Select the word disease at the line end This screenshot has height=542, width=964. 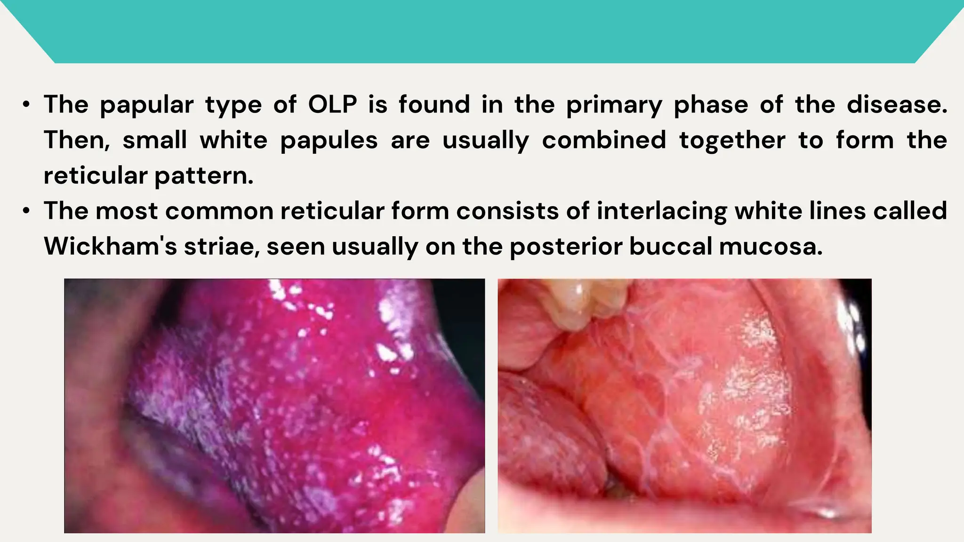897,104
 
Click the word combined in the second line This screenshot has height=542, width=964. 604,140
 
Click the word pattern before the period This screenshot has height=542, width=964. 203,176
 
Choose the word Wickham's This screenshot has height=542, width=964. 110,246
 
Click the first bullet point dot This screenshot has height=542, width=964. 26,104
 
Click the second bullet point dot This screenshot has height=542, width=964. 26,211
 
